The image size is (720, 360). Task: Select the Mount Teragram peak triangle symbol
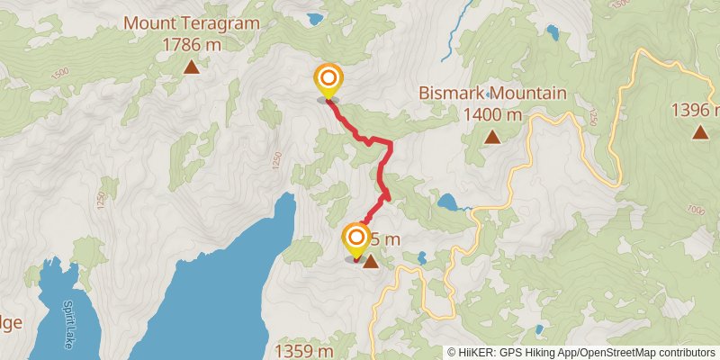point(191,66)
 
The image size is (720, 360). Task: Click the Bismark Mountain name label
point(492,94)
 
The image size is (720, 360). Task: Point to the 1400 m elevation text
point(492,114)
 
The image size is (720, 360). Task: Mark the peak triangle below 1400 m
point(492,137)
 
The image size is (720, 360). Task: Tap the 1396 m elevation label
point(695,111)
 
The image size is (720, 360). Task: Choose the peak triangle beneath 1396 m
point(699,132)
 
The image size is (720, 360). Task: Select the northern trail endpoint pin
point(328,80)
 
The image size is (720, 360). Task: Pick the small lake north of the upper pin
point(314,18)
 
